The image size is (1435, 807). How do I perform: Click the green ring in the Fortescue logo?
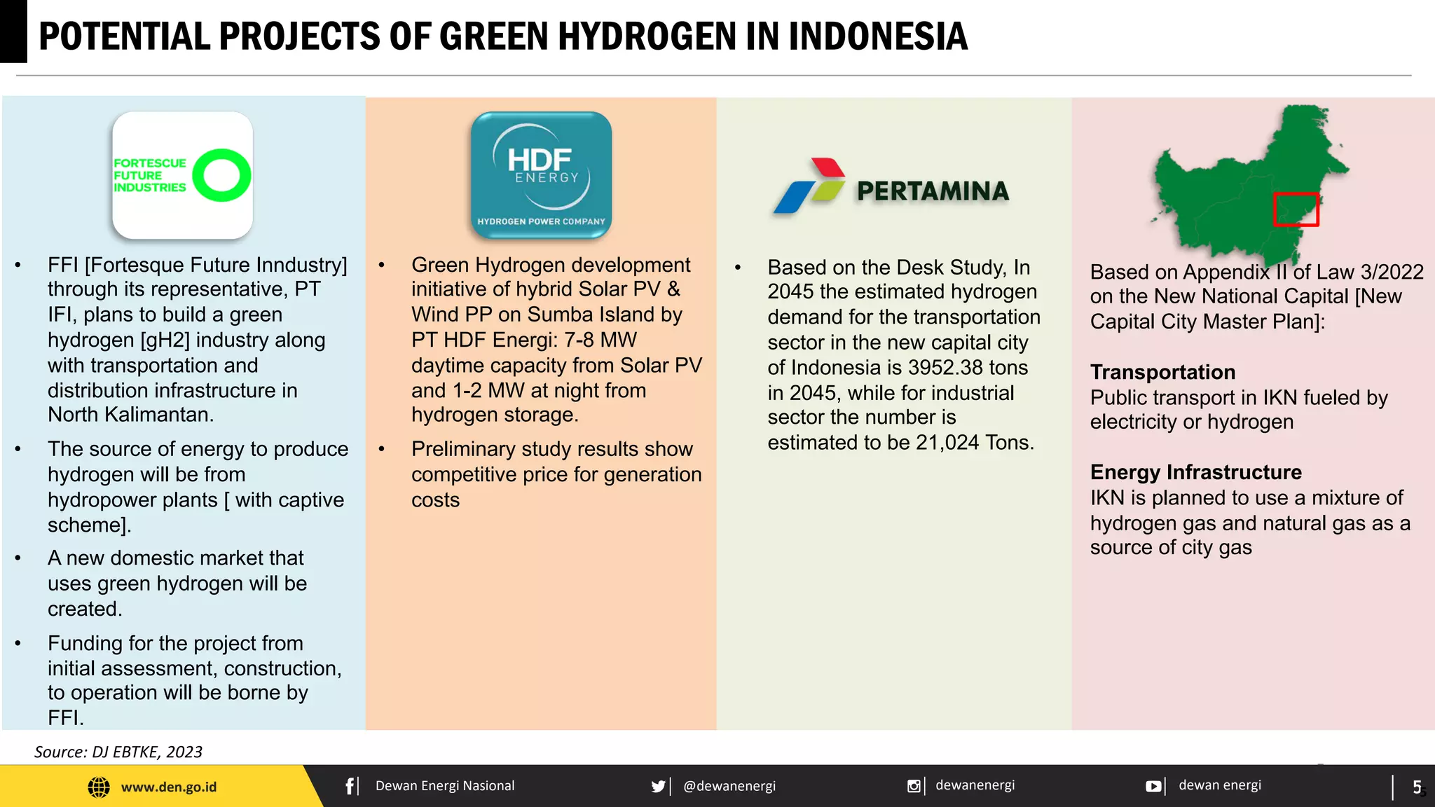(221, 175)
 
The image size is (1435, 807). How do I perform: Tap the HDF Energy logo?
(541, 175)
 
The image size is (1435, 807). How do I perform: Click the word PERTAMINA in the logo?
(933, 191)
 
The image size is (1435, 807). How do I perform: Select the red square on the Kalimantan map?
(1296, 209)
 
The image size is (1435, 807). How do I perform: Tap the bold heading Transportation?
(1162, 372)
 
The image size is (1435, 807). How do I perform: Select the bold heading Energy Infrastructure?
(1195, 472)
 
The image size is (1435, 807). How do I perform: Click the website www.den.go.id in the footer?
(169, 787)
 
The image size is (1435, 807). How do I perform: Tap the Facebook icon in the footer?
(350, 786)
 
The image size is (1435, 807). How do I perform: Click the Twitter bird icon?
(658, 786)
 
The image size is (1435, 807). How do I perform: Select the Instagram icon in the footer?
(914, 786)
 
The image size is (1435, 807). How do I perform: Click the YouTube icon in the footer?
(1153, 786)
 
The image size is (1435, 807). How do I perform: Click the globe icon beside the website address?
(99, 787)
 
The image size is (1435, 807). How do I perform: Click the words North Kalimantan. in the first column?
(130, 415)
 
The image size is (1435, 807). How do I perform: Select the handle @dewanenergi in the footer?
(729, 786)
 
